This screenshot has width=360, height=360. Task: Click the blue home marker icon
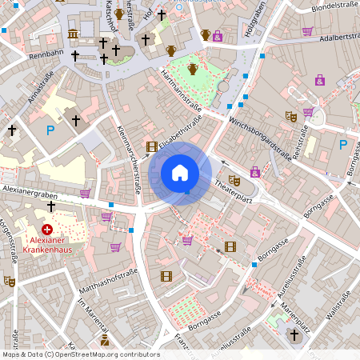[180, 173]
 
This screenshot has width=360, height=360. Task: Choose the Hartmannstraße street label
[181, 89]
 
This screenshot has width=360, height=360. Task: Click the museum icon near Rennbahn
[74, 34]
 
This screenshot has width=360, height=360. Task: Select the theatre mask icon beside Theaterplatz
[234, 180]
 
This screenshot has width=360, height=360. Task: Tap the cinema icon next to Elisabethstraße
[152, 146]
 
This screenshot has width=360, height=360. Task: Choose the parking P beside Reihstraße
[343, 145]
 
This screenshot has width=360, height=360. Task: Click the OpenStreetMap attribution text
[80, 354]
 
